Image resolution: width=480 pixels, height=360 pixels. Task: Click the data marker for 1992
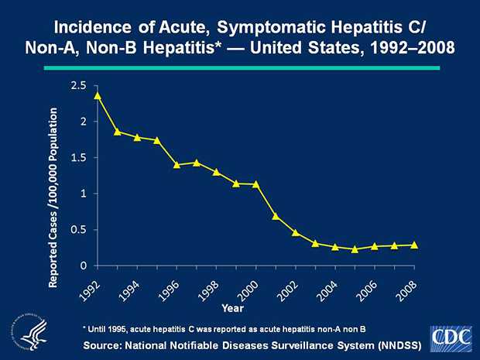point(98,95)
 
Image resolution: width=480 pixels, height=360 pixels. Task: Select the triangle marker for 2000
point(255,184)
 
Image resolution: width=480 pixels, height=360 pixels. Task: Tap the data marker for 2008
point(414,245)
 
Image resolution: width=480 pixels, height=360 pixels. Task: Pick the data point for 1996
point(177,164)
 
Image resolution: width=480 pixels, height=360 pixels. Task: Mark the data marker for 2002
point(296,232)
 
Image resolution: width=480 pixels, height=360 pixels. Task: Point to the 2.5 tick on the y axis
point(77,85)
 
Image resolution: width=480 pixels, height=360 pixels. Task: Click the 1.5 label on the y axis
point(77,157)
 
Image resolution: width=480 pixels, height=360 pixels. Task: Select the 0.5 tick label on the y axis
point(77,229)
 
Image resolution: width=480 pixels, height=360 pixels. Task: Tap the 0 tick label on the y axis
point(83,266)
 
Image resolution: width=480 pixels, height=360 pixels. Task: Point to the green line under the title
point(240,68)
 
